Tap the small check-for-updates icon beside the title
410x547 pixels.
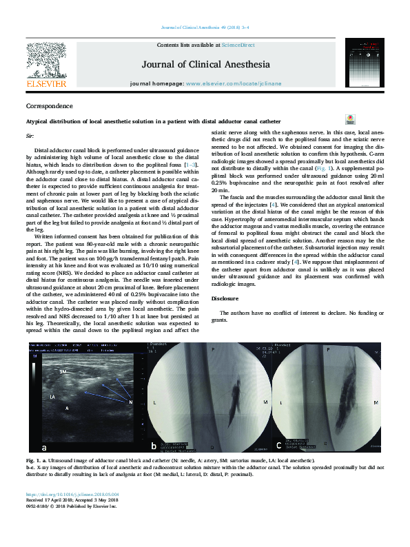point(350,119)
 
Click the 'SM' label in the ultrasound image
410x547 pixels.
point(63,371)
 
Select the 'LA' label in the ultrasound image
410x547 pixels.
point(52,398)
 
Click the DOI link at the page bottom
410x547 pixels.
point(72,494)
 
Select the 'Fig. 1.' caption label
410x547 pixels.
point(34,460)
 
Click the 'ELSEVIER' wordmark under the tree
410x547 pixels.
point(46,84)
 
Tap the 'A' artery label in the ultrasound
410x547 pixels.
point(67,409)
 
